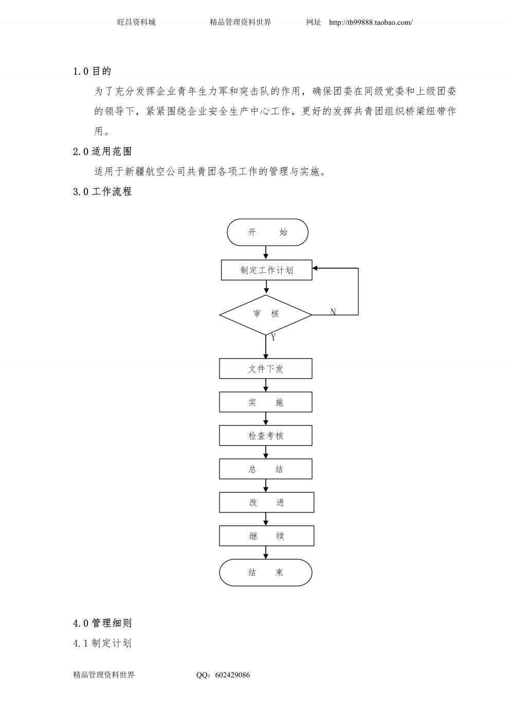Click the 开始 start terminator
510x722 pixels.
click(267, 232)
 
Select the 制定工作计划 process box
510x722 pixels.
click(267, 270)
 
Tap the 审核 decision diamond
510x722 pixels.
click(266, 314)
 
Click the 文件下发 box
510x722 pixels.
click(266, 368)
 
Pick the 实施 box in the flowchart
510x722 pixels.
click(266, 402)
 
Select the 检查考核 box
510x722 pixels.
click(266, 435)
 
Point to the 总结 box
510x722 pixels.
click(266, 469)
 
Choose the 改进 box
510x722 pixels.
click(267, 502)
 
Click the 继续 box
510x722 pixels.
click(267, 536)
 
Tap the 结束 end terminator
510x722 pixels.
click(266, 572)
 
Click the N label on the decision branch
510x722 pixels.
click(333, 311)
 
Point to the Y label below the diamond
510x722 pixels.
click(274, 338)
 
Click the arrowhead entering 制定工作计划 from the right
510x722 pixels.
click(315, 268)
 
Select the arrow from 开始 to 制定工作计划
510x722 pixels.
click(266, 252)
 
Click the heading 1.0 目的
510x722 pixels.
click(92, 71)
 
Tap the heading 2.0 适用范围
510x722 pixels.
click(102, 151)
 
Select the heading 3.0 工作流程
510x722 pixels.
click(102, 191)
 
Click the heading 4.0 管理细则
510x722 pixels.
click(102, 623)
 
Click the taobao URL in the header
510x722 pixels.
click(371, 23)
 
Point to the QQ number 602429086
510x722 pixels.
click(232, 675)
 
